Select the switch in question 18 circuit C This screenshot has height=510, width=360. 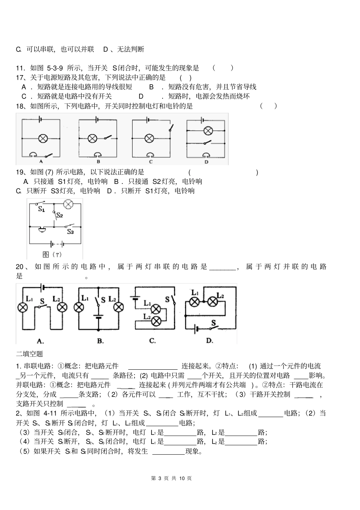(171, 128)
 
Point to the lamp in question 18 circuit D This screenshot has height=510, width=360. (207, 131)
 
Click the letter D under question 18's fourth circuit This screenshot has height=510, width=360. (206, 162)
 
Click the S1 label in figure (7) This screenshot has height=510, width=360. (41, 209)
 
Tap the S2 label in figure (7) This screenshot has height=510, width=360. (59, 216)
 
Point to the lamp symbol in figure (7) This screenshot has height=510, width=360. (68, 204)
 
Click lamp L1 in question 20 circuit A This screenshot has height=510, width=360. (23, 307)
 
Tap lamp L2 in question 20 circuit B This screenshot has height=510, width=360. (119, 307)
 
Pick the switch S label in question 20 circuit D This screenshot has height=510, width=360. (213, 323)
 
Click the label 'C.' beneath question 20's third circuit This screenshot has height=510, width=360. (152, 341)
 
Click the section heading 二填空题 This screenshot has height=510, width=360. (30, 354)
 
